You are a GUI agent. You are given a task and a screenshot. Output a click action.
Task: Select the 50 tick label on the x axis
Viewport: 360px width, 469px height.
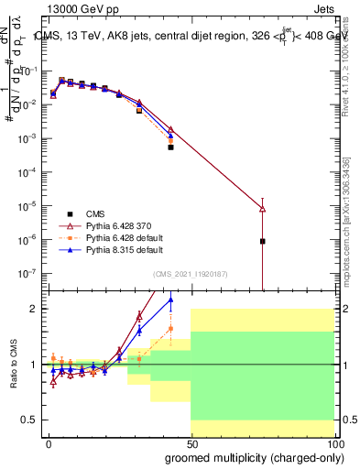[191, 443]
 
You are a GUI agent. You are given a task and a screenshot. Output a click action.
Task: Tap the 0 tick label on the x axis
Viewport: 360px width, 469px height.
[49, 443]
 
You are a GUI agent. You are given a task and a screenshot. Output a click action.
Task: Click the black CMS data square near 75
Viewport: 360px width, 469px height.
[263, 241]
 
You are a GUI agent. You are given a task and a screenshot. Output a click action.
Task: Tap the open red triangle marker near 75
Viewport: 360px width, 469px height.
[263, 209]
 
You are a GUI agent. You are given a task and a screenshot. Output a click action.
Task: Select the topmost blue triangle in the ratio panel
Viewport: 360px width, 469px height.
[169, 300]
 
